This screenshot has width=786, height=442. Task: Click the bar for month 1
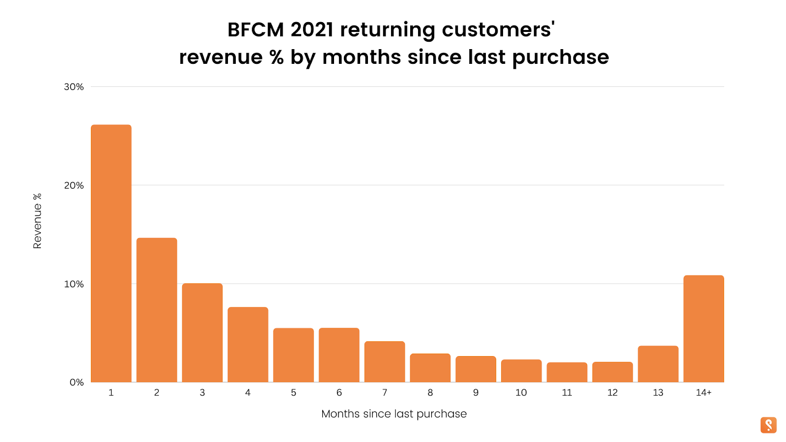(111, 253)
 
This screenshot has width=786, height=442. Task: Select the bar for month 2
(157, 310)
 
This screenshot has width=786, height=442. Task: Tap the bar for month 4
(248, 345)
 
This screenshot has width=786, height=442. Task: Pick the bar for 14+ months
(703, 329)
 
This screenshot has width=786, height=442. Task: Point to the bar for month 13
(658, 364)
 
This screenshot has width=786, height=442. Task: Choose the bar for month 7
(385, 361)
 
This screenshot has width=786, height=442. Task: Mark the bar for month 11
(567, 372)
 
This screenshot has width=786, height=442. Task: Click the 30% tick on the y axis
(74, 87)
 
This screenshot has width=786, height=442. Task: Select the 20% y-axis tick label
(74, 186)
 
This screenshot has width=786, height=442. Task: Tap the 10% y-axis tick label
(74, 284)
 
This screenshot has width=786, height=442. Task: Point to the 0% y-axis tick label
(77, 383)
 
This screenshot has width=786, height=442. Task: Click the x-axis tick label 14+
(703, 393)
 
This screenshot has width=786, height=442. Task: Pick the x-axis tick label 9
(476, 393)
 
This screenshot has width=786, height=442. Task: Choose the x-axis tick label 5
(293, 393)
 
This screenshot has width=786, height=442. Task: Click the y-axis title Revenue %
(37, 221)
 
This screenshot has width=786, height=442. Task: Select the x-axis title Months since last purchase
(394, 414)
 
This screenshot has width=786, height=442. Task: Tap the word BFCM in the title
(255, 30)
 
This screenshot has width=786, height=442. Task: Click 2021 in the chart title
(312, 30)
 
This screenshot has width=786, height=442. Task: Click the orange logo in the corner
(768, 425)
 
